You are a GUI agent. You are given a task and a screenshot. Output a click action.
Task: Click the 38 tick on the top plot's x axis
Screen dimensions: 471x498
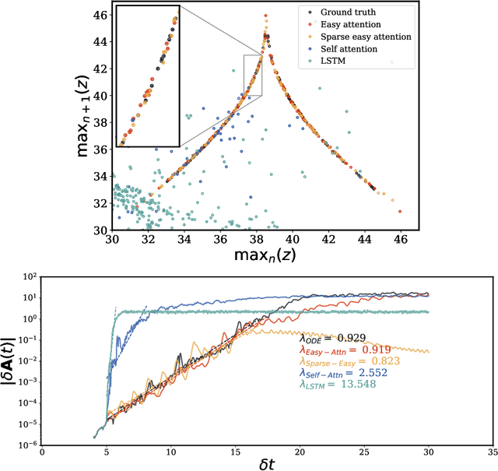[x=257, y=239]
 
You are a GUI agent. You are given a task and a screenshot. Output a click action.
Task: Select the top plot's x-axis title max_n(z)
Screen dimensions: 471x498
[x=257, y=255]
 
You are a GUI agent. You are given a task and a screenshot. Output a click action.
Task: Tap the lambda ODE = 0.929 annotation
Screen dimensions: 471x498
[x=337, y=339]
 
